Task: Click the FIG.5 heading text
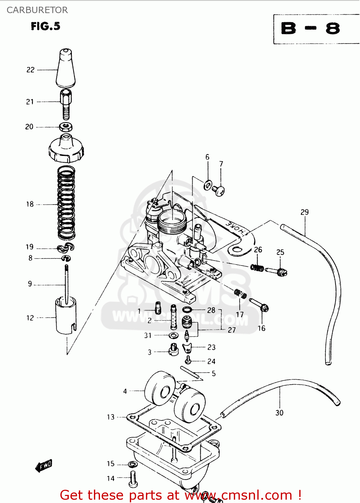coord(46,26)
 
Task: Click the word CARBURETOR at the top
coord(37,10)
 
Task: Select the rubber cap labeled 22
coord(66,68)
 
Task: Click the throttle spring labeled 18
coord(66,203)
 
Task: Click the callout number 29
coord(304,212)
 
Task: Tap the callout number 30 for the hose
coord(279,413)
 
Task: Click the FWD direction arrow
coord(44,466)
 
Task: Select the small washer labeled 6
coord(208,184)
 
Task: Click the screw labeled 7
coord(219,191)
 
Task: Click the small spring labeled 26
coord(257,268)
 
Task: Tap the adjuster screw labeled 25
coord(277,271)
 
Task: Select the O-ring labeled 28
coord(187,310)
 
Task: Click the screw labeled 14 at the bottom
coord(133,479)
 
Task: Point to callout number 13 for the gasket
coord(111,417)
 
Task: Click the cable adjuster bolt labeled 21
coord(66,104)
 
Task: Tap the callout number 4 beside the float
coord(125,391)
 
